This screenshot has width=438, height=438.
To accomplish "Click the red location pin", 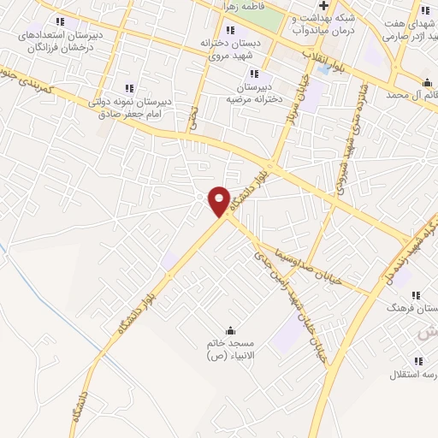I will (220, 200).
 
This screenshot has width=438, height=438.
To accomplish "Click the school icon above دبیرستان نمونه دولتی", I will (129, 87).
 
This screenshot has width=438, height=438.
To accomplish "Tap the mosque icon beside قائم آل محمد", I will (426, 82).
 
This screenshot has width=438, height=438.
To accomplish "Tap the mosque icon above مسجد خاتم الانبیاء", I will (229, 330).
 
